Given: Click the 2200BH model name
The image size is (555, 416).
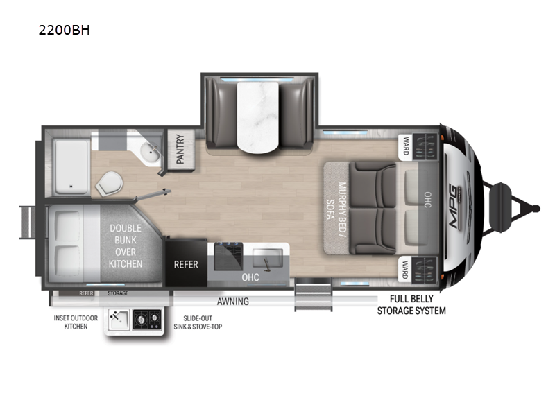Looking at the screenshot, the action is [x=64, y=30].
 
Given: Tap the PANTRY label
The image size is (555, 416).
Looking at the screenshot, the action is [x=180, y=149].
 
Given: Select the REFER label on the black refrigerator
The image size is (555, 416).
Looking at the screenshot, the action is [x=186, y=264].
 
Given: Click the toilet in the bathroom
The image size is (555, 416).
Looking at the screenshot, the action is [x=109, y=183].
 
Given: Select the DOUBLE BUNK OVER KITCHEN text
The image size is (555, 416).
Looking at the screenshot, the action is [x=126, y=246].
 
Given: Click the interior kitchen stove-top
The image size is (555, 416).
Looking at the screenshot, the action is [x=228, y=255].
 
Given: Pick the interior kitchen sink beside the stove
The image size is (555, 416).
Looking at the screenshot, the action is [x=267, y=258].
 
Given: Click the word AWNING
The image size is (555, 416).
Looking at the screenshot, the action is [x=233, y=302].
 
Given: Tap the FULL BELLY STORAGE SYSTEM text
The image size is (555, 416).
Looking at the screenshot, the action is [x=411, y=304].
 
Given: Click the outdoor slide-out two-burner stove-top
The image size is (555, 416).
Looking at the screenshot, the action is [x=147, y=320].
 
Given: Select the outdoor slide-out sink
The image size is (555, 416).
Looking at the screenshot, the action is [x=119, y=320].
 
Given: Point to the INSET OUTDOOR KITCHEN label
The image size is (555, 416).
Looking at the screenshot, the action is [x=76, y=322].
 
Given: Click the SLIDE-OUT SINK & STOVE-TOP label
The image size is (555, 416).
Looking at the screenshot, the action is [x=198, y=322].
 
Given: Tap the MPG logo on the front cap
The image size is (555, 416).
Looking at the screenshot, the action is [x=456, y=205].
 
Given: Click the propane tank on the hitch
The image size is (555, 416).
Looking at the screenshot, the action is [x=499, y=207].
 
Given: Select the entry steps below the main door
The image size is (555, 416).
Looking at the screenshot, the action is [x=314, y=294].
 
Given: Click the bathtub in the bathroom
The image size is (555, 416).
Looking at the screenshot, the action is [x=71, y=166].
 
